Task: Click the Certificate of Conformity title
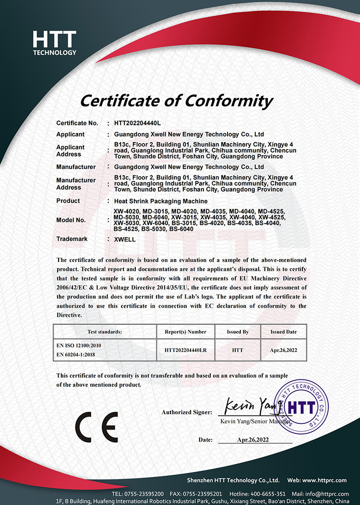176,101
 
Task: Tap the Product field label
68,201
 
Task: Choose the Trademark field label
72,238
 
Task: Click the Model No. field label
71,220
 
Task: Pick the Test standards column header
105,332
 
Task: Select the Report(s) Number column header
185,332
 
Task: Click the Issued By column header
237,332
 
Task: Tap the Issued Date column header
283,332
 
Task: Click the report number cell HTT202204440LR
185,350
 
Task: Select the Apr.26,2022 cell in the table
283,350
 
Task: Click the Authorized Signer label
187,412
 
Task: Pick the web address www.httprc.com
324,480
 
